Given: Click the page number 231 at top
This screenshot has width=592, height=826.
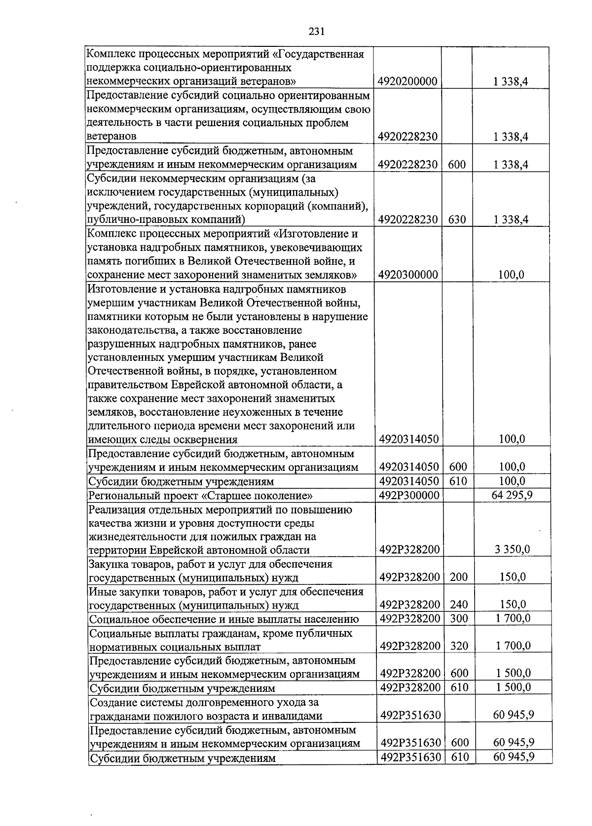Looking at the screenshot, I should (x=316, y=32).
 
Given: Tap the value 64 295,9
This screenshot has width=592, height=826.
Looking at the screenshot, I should (x=512, y=495).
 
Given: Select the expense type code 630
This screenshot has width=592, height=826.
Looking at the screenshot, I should (x=457, y=219).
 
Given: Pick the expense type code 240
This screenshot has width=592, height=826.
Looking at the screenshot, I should (x=459, y=605).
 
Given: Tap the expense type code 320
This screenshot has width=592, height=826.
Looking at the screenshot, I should (x=459, y=646).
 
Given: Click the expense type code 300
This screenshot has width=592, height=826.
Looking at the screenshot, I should (x=459, y=618).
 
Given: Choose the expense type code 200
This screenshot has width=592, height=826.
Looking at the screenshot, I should (x=459, y=577).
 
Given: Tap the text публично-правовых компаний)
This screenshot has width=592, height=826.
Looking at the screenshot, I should (x=166, y=219).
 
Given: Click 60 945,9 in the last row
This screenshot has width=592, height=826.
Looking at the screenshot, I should (x=514, y=756).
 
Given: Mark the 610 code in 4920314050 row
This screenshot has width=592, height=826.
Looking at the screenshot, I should (x=459, y=481).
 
